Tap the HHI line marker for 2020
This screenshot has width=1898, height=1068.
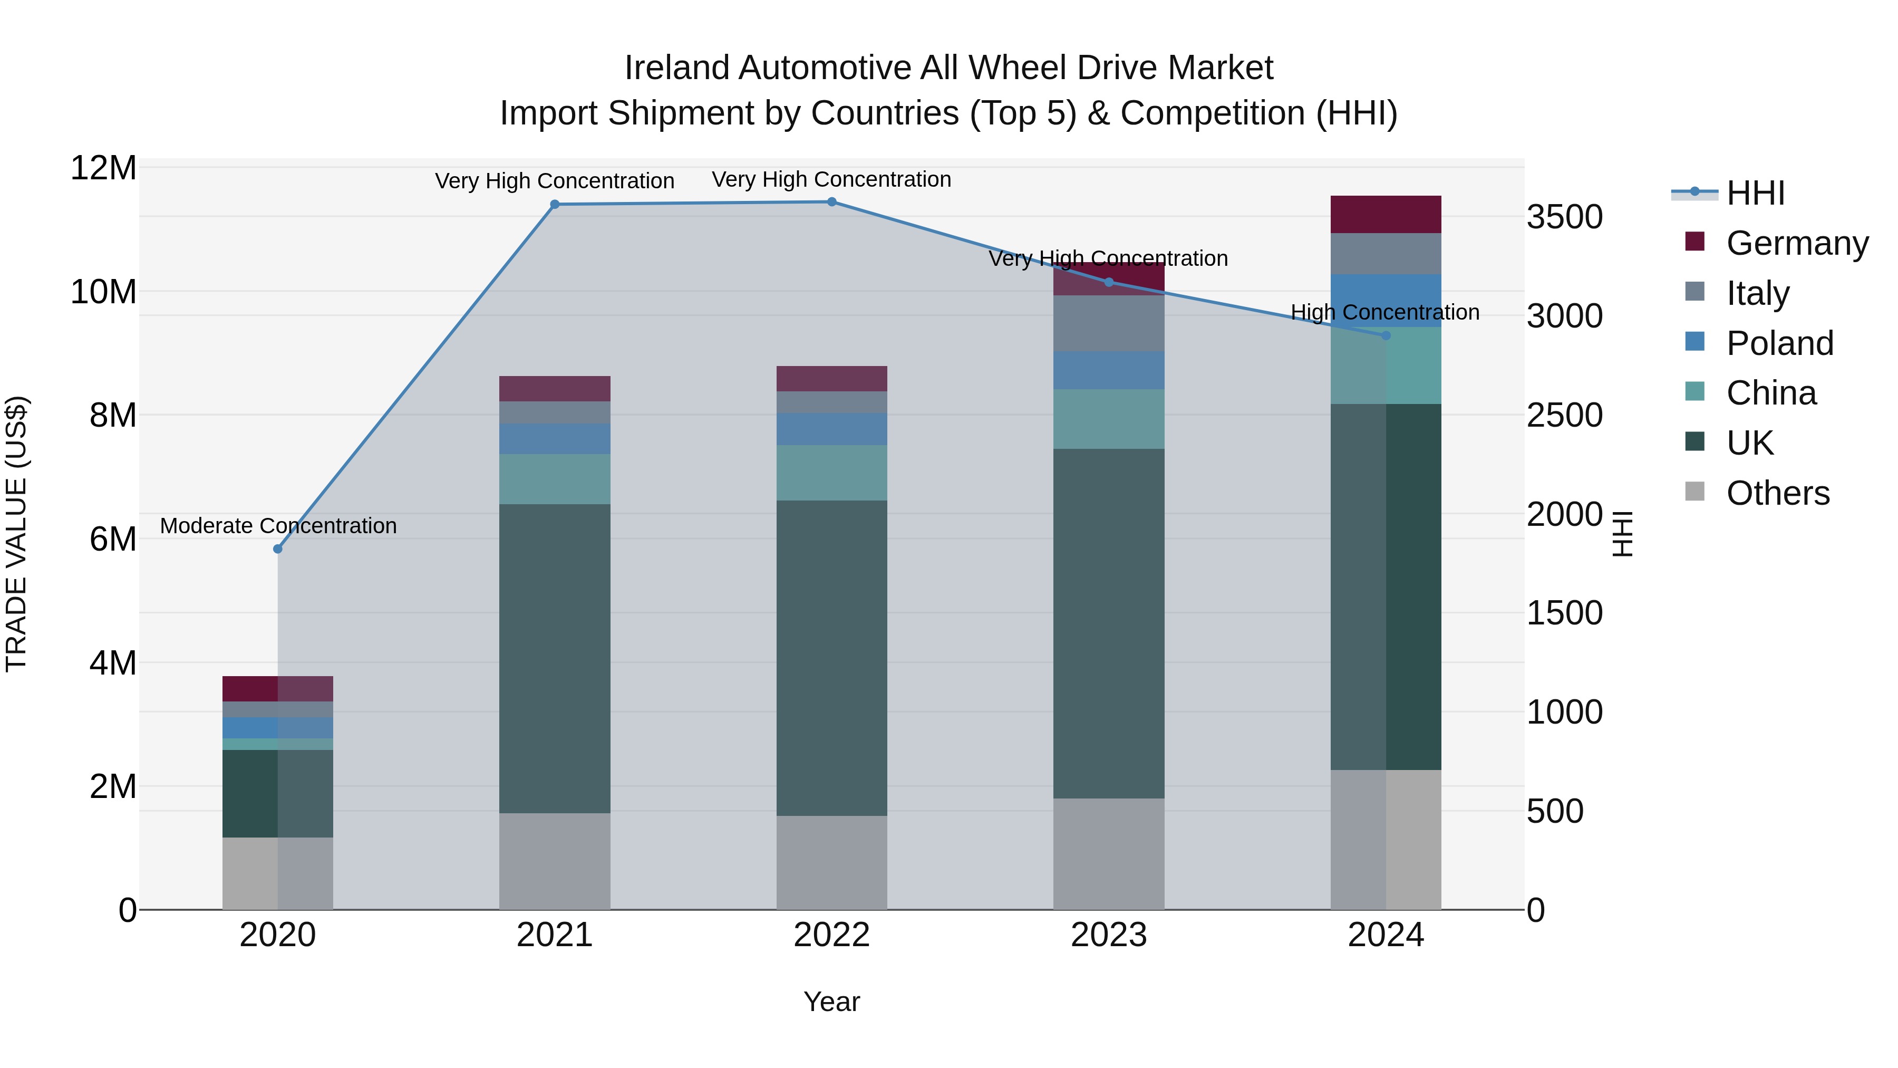pyautogui.click(x=278, y=549)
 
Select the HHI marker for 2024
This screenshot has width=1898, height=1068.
pyautogui.click(x=1386, y=336)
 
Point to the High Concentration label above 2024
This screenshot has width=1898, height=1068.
pyautogui.click(x=1385, y=313)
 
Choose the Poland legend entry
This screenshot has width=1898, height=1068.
pyautogui.click(x=1779, y=343)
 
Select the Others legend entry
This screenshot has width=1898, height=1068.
pyautogui.click(x=1777, y=493)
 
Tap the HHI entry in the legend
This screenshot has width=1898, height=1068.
pyautogui.click(x=1755, y=193)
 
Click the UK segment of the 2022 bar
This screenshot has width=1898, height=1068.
pyautogui.click(x=832, y=658)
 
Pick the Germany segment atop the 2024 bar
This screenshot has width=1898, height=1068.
pyautogui.click(x=1386, y=215)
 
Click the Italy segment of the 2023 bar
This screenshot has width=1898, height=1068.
pyautogui.click(x=1109, y=324)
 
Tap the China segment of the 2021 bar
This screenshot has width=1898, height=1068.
pyautogui.click(x=555, y=479)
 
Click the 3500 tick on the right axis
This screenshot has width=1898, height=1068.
pyautogui.click(x=1564, y=217)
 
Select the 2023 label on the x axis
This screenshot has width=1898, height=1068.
pyautogui.click(x=1109, y=935)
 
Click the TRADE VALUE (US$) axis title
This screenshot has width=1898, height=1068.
pyautogui.click(x=16, y=534)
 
